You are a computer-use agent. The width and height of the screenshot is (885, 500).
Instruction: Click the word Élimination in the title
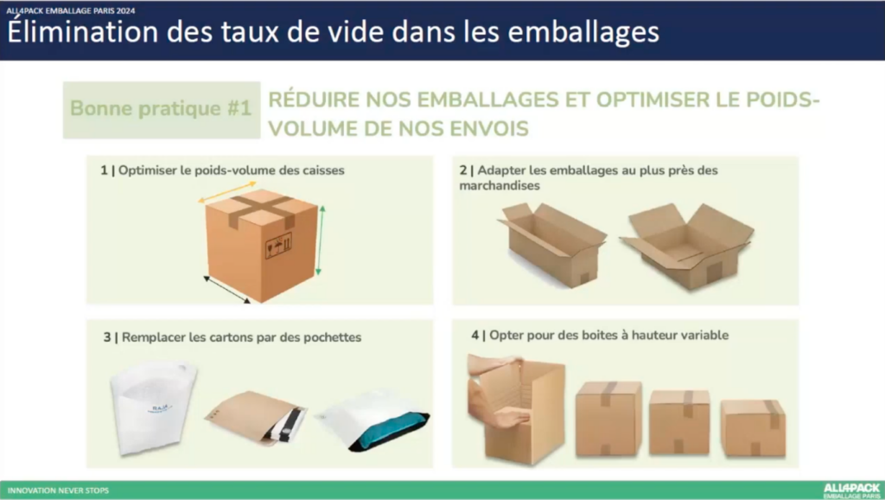(x=82, y=32)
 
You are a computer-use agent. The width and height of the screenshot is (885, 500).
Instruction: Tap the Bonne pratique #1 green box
(x=162, y=110)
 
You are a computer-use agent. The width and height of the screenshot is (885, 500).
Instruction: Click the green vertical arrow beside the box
(x=321, y=240)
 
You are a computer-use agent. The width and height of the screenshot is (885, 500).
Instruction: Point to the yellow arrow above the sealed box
(x=227, y=191)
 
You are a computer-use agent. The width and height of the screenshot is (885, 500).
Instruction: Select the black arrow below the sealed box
(x=226, y=290)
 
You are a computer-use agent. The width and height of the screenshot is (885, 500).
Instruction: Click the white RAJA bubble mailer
(x=153, y=407)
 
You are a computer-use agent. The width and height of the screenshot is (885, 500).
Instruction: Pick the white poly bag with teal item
(x=374, y=422)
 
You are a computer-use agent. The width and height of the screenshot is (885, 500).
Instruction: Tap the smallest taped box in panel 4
(x=753, y=427)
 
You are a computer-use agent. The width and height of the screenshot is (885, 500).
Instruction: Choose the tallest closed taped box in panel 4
(x=608, y=418)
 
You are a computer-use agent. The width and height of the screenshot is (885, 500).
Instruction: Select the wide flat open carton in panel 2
(x=687, y=246)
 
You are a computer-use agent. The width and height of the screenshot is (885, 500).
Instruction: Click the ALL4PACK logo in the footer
(x=851, y=490)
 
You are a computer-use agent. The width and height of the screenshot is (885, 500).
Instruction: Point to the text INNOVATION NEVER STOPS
(x=58, y=490)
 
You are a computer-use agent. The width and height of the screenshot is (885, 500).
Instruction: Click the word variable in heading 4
(x=704, y=335)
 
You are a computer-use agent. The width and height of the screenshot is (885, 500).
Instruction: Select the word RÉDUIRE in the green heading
(x=314, y=99)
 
